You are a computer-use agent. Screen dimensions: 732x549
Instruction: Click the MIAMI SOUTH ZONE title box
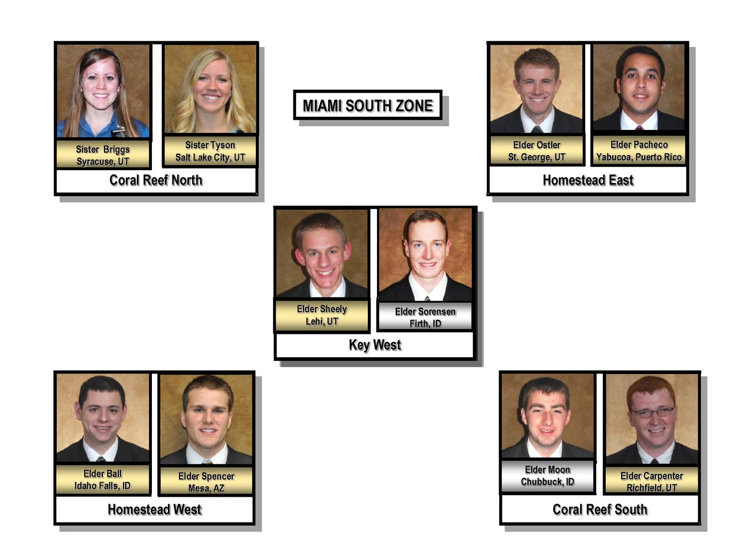pyautogui.click(x=367, y=105)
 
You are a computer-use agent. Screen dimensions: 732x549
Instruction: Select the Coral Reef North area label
pyautogui.click(x=156, y=180)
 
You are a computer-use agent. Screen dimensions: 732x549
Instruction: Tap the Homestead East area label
pyautogui.click(x=588, y=180)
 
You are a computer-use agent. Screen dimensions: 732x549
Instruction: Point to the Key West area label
pyautogui.click(x=375, y=345)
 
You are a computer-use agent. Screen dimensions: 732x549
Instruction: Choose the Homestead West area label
pyautogui.click(x=155, y=510)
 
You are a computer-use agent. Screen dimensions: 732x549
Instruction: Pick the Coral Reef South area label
pyautogui.click(x=600, y=510)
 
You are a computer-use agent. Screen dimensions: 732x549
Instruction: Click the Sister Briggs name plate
pyautogui.click(x=103, y=155)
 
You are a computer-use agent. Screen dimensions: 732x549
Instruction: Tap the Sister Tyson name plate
pyautogui.click(x=210, y=151)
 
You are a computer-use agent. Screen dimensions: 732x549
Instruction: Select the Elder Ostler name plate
pyautogui.click(x=537, y=151)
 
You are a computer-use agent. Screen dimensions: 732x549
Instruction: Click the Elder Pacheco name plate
pyautogui.click(x=639, y=151)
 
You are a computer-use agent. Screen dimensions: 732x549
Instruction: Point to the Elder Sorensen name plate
pyautogui.click(x=425, y=317)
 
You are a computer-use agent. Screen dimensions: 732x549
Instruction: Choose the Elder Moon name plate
pyautogui.click(x=548, y=476)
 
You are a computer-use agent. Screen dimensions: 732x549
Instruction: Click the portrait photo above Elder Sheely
pyautogui.click(x=322, y=253)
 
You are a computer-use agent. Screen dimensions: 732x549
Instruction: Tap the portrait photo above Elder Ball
pyautogui.click(x=102, y=417)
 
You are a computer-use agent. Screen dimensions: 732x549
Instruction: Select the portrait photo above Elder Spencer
pyautogui.click(x=206, y=419)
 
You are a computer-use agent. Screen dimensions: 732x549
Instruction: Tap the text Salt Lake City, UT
pyautogui.click(x=210, y=158)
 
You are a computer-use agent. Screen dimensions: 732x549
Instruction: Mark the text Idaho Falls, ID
pyautogui.click(x=102, y=486)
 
